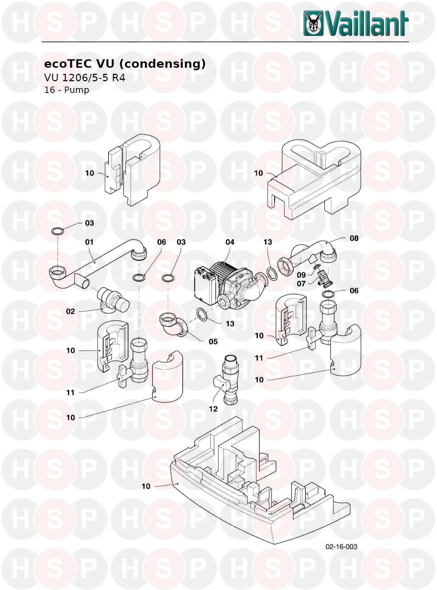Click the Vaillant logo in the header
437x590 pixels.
pos(356,23)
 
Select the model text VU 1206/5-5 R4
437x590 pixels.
pos(84,78)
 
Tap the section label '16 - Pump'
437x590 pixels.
pos(66,90)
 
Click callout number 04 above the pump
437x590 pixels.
pos(230,242)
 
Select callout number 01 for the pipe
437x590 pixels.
pos(89,242)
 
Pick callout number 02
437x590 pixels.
pos(71,311)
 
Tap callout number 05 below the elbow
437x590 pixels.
pos(213,341)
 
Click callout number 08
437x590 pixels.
pos(354,238)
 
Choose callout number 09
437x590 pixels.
pos(302,275)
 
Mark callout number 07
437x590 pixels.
pos(301,283)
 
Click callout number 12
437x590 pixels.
pos(213,409)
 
